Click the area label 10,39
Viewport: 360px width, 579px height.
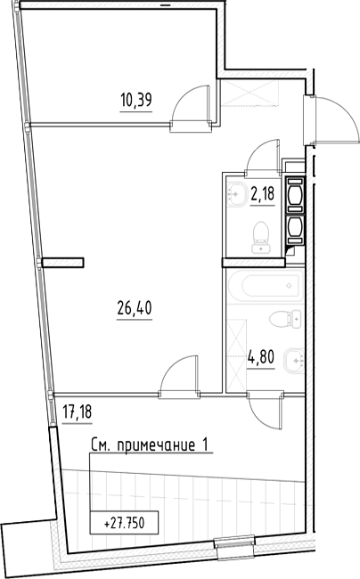135,101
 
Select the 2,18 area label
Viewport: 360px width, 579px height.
262,192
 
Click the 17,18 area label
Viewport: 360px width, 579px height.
78,412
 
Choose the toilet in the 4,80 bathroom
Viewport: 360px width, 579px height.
285,318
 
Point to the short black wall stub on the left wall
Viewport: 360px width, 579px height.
63,262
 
